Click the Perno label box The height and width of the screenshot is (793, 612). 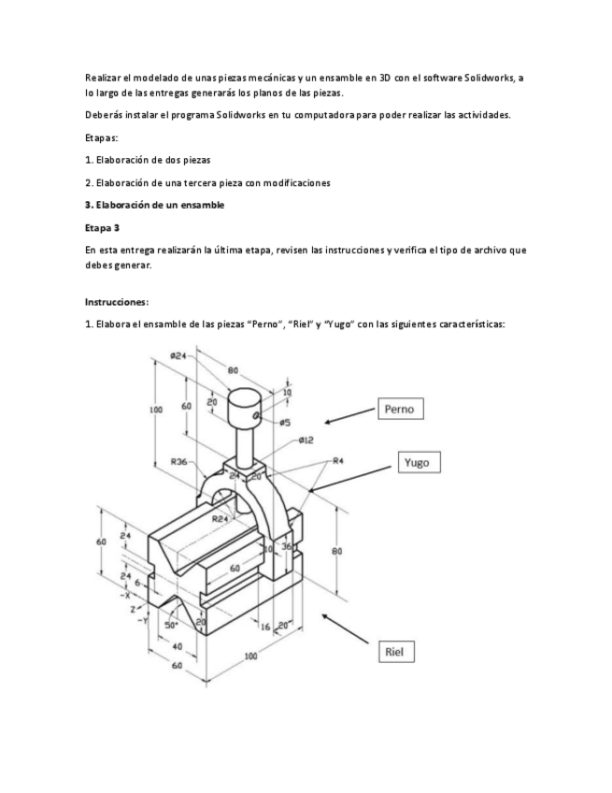405,409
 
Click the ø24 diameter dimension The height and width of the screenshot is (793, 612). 178,355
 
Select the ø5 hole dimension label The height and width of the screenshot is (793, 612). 285,423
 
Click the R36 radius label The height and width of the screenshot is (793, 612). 179,461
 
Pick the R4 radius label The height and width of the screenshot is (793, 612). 338,460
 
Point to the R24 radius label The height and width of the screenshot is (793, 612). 221,518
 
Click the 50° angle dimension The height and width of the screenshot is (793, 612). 173,624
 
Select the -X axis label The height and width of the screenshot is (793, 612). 125,595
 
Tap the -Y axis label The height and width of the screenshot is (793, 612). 143,619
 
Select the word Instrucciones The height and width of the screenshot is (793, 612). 117,302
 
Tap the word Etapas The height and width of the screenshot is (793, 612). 102,137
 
